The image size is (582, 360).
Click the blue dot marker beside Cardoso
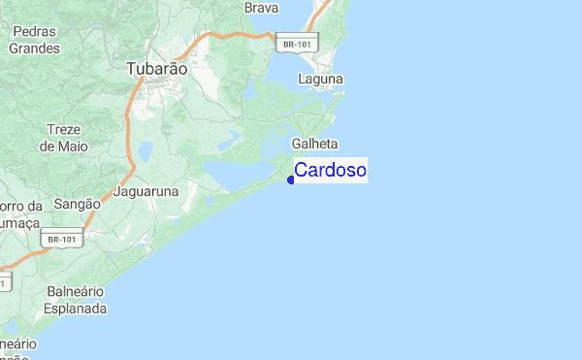(291, 180)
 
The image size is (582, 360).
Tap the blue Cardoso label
(330, 171)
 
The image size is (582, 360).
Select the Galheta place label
(321, 144)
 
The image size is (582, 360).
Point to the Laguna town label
(320, 80)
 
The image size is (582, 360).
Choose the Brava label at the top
(262, 8)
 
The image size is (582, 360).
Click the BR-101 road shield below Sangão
(62, 239)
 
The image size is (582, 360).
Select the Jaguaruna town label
(146, 192)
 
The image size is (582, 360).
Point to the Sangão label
(78, 205)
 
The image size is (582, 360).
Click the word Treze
(65, 130)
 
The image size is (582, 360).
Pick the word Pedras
(34, 31)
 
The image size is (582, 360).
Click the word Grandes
(34, 48)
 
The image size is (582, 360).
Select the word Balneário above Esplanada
(76, 292)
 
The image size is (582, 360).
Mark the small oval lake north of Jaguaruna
(145, 151)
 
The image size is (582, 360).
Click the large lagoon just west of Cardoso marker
(238, 173)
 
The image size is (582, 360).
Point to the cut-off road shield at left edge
(5, 282)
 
